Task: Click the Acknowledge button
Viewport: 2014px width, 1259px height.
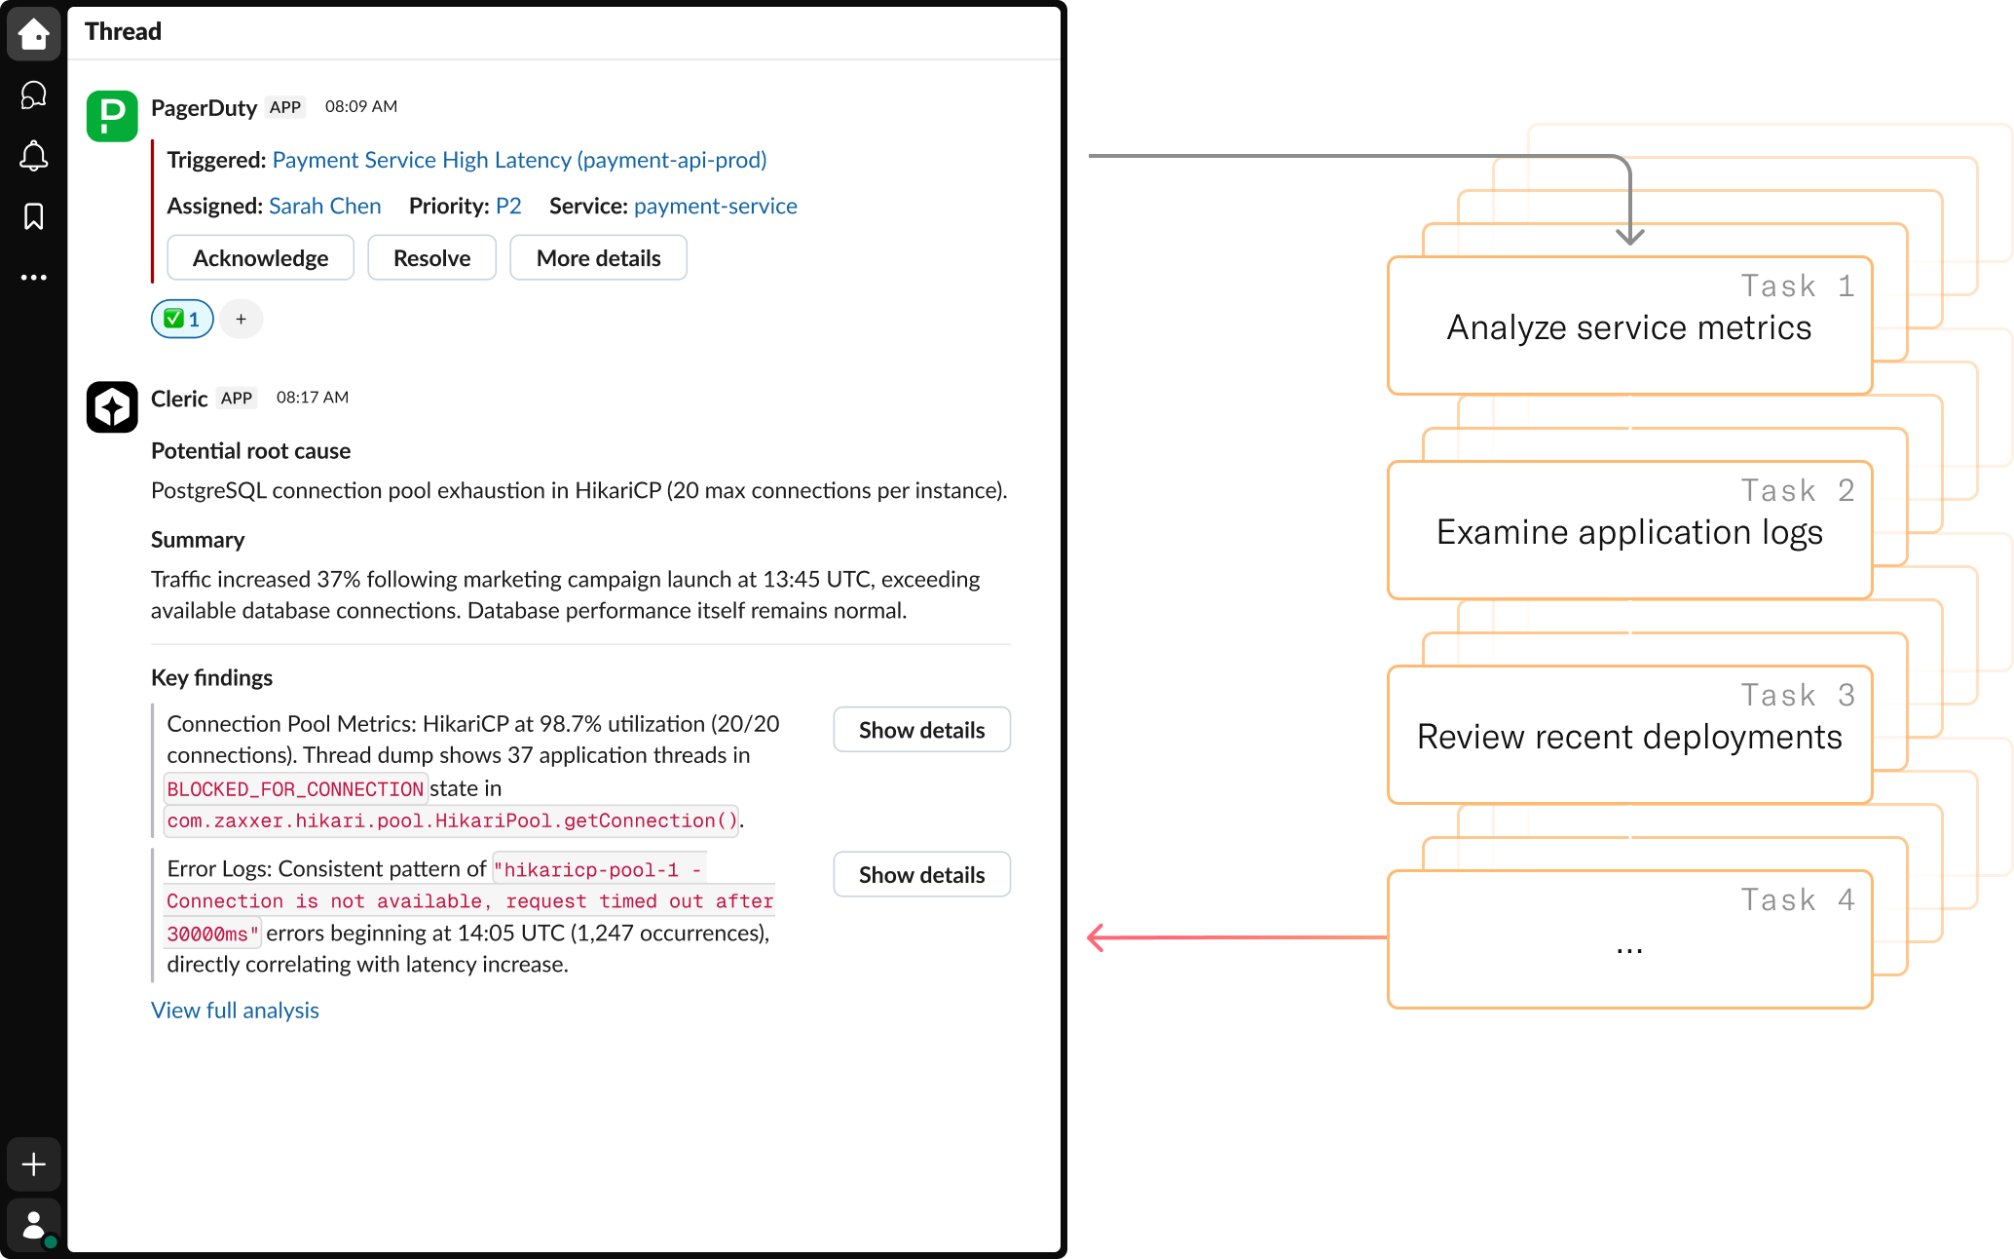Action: point(260,258)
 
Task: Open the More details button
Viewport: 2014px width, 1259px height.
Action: point(598,258)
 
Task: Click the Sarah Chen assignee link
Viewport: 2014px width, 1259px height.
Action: point(324,206)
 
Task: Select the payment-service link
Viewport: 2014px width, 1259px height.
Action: point(715,206)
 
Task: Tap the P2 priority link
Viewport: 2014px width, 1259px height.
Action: point(508,206)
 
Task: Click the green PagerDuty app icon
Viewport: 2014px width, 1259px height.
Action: point(112,116)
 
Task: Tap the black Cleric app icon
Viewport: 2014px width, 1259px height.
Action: point(112,406)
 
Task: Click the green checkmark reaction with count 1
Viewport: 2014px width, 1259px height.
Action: point(182,319)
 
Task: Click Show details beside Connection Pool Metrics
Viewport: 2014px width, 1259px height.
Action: point(921,730)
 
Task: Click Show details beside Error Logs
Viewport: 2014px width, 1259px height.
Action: point(921,875)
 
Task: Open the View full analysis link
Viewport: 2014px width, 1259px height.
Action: point(235,1011)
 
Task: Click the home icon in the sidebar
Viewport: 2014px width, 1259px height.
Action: point(34,34)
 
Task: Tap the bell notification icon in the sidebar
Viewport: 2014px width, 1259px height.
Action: point(34,156)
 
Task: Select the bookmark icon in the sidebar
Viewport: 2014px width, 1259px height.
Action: point(34,216)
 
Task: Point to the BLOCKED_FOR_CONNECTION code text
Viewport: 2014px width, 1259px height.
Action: point(295,789)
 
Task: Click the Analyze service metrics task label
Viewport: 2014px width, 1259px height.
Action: point(1629,328)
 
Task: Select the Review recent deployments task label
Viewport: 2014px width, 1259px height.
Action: point(1629,738)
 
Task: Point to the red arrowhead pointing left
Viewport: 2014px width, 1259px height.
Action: point(1097,937)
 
